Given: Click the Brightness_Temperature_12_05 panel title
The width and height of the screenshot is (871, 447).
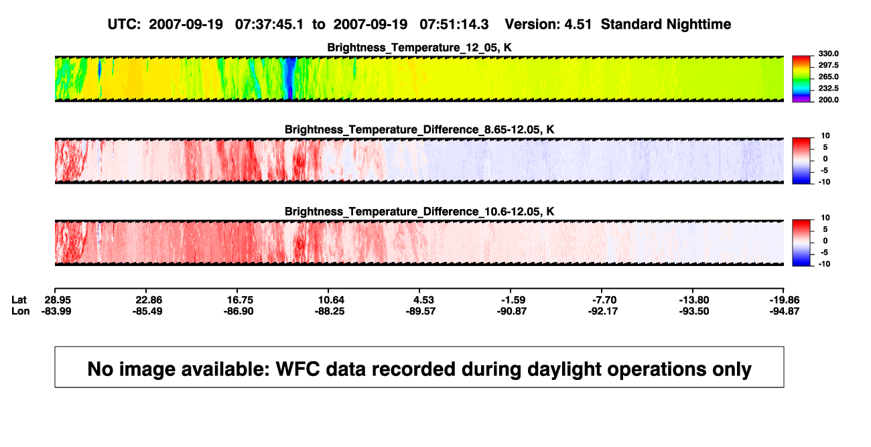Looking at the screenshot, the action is tap(419, 48).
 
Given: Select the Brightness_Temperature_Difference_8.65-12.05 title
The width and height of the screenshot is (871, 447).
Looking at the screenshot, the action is tap(419, 129).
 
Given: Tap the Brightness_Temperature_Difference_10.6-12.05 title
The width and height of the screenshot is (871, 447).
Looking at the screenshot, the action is tap(419, 212).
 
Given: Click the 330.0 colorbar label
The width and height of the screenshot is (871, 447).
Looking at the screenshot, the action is tap(828, 54).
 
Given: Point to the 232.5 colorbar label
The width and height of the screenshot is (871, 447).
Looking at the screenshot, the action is tap(828, 88).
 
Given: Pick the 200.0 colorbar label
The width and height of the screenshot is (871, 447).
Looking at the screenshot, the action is tap(828, 100).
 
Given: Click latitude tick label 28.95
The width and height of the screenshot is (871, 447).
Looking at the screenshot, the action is tap(58, 300).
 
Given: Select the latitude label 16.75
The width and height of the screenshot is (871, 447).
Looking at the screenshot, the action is tap(240, 300).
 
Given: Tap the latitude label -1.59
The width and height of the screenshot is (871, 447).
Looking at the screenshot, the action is tap(513, 300).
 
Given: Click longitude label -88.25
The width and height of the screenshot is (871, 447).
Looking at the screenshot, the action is tap(330, 311).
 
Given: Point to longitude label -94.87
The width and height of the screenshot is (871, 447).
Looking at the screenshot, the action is tap(785, 311).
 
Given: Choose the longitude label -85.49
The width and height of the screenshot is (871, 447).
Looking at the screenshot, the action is tap(147, 311).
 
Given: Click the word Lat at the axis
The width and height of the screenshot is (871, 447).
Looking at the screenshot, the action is tap(19, 300).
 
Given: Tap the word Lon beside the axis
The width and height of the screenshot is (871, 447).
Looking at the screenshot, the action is tap(21, 311).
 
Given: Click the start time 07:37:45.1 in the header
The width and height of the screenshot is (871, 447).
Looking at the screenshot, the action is tap(269, 25).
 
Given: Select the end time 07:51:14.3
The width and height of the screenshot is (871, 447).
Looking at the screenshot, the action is tap(454, 25).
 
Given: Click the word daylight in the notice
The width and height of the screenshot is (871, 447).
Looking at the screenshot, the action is tap(564, 369).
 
